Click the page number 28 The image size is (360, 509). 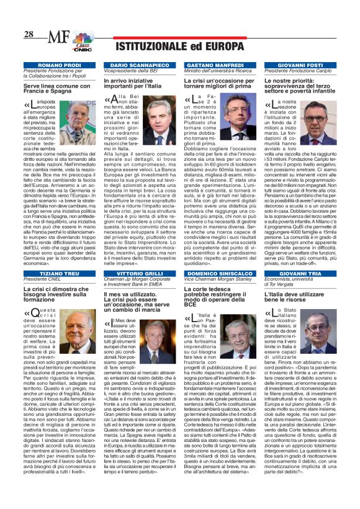[x=29, y=34]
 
